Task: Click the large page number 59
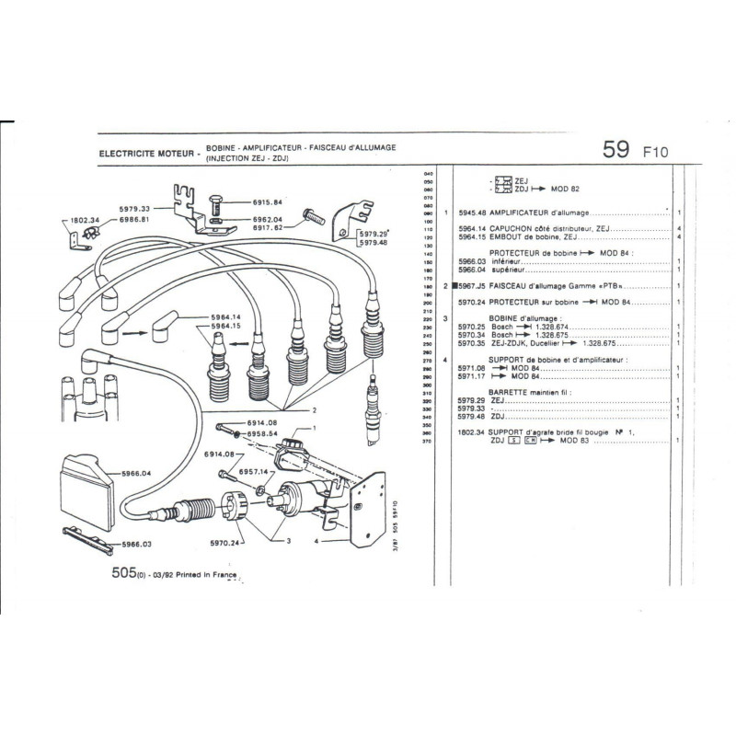[615, 150]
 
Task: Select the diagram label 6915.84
[265, 201]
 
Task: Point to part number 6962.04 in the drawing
[265, 221]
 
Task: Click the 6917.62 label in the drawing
[265, 230]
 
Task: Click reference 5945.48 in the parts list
[472, 213]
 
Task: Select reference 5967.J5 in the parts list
[472, 286]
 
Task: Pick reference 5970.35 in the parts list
[472, 341]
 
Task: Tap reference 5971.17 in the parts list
[472, 375]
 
